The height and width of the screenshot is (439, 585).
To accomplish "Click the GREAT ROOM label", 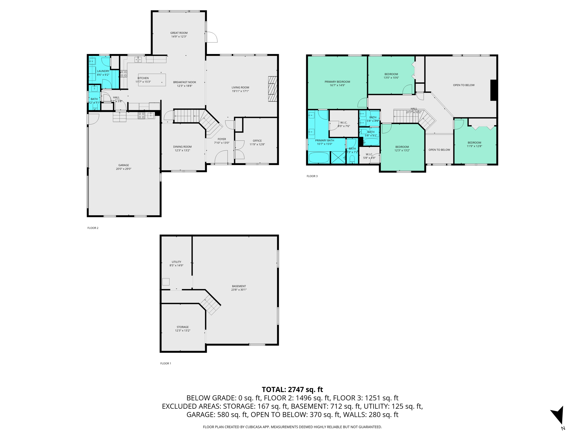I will click(179, 33).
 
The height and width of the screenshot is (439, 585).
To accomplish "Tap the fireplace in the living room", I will click(273, 89).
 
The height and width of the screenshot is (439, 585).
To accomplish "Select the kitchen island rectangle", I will click(152, 80).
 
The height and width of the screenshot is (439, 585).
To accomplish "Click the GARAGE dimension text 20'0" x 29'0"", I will click(123, 169).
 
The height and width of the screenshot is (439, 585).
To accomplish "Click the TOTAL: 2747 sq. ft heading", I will click(292, 390).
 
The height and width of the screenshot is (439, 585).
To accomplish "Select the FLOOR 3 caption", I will click(312, 176).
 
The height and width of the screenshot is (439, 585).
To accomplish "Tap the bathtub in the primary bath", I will click(319, 157).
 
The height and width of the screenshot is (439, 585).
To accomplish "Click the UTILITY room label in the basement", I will click(176, 262).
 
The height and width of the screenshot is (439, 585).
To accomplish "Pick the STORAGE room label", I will click(183, 327).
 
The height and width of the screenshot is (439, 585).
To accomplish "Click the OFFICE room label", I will click(257, 141).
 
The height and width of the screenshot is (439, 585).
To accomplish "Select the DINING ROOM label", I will click(182, 147).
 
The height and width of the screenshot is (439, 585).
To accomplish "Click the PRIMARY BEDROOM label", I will click(337, 82).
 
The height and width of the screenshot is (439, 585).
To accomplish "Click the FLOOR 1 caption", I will click(165, 364).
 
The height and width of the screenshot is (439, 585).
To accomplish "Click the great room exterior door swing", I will click(212, 37).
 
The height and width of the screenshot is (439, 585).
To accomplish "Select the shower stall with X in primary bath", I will click(338, 157).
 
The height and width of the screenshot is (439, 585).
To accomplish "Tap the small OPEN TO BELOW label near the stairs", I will click(439, 150).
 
